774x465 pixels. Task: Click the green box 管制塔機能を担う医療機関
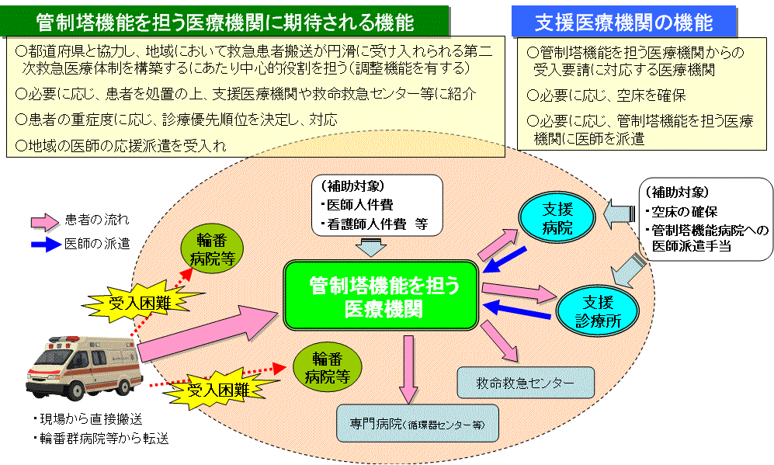tap(383, 295)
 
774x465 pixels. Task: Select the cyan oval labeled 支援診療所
tap(598, 310)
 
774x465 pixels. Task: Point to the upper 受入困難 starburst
tap(137, 300)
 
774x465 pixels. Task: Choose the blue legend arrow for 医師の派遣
tap(47, 243)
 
